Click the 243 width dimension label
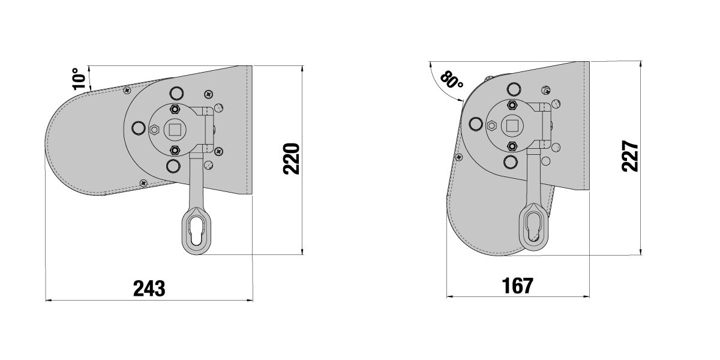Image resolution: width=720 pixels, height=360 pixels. pyautogui.click(x=149, y=288)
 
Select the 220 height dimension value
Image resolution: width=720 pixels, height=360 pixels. pyautogui.click(x=292, y=159)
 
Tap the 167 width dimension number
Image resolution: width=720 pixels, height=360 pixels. pyautogui.click(x=517, y=286)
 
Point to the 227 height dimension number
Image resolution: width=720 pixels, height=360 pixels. pyautogui.click(x=630, y=156)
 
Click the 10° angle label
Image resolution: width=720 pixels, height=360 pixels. pyautogui.click(x=79, y=79)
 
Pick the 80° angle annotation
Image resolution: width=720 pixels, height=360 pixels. pyautogui.click(x=451, y=80)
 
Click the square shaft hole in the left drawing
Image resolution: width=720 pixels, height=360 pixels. pyautogui.click(x=175, y=130)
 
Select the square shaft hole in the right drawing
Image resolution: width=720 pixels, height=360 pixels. pyautogui.click(x=511, y=125)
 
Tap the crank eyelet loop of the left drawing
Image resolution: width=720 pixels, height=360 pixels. pyautogui.click(x=196, y=231)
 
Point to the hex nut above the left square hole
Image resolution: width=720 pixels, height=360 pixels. pyautogui.click(x=175, y=109)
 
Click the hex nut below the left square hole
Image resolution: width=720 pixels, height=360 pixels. pyautogui.click(x=175, y=150)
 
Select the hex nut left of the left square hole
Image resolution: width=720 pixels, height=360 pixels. pyautogui.click(x=154, y=130)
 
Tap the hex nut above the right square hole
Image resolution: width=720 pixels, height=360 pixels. pyautogui.click(x=511, y=105)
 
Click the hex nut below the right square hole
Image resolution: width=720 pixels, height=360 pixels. pyautogui.click(x=511, y=146)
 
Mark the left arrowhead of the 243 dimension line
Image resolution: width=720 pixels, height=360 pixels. pyautogui.click(x=49, y=300)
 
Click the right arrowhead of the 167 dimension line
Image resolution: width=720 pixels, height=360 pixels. pyautogui.click(x=586, y=296)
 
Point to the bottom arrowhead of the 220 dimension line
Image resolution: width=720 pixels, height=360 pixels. pyautogui.click(x=302, y=251)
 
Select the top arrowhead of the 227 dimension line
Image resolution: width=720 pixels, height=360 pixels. pyautogui.click(x=641, y=65)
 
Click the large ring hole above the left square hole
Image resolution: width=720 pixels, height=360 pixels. pyautogui.click(x=176, y=93)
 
